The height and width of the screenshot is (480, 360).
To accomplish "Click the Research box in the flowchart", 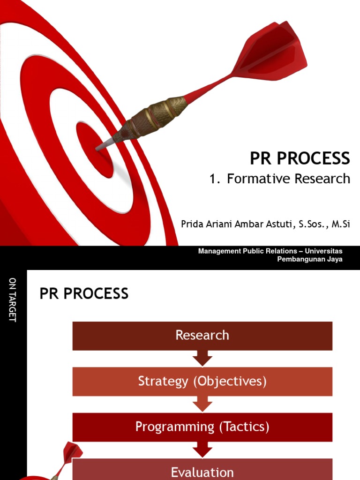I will [202, 336].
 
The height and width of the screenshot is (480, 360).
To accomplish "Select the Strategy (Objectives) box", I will [202, 382].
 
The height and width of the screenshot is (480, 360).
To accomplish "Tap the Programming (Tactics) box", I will [202, 427].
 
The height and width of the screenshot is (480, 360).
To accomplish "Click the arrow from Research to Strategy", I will [202, 359].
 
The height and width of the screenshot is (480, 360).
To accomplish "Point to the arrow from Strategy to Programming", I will [202, 404].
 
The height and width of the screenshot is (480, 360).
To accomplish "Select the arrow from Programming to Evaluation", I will [202, 450].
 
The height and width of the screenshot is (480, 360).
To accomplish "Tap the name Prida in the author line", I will [193, 224].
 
